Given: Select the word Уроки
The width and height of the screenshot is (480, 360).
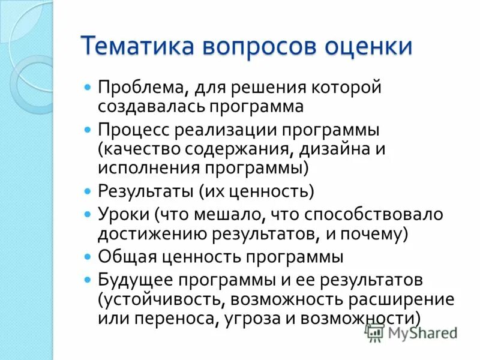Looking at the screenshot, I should pyautogui.click(x=122, y=214).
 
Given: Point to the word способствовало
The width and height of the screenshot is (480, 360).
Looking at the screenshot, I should pyautogui.click(x=373, y=214).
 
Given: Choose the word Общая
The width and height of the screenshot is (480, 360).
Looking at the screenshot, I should pyautogui.click(x=124, y=257).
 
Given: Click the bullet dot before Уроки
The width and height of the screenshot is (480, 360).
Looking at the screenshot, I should pyautogui.click(x=88, y=213).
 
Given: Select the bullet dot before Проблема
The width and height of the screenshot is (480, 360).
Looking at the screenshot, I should pyautogui.click(x=88, y=87).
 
